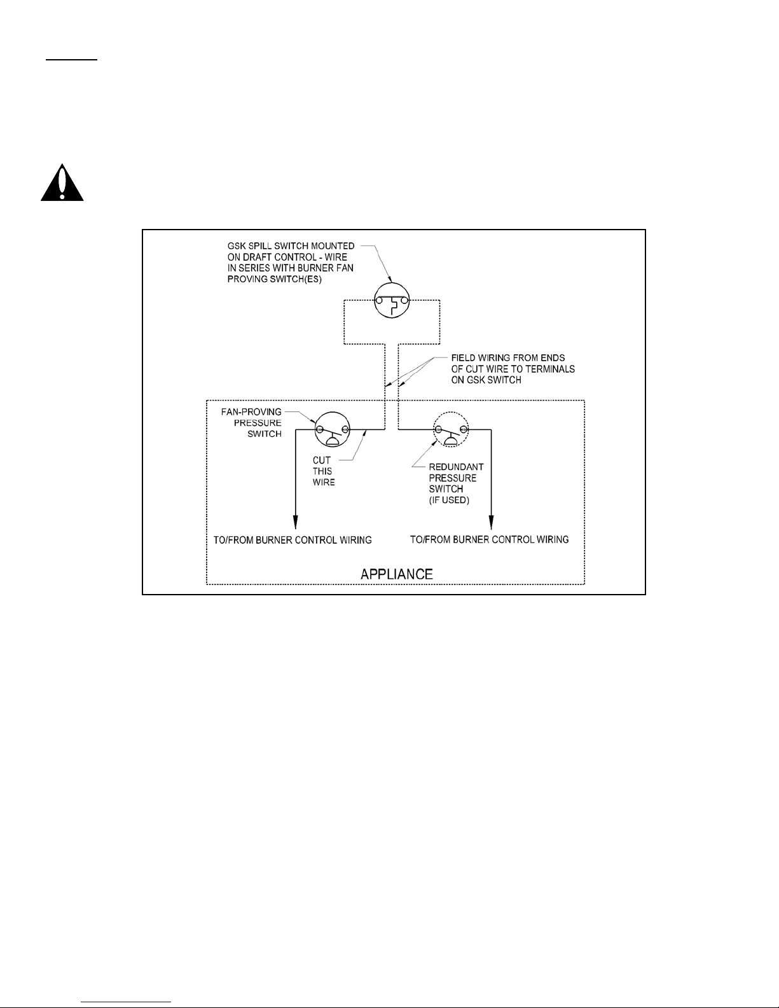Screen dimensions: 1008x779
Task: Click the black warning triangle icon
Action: (x=62, y=184)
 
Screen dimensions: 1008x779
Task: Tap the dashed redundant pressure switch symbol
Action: (x=451, y=430)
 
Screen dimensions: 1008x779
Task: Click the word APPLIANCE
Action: (x=396, y=574)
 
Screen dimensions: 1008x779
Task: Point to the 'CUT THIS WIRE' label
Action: (x=322, y=471)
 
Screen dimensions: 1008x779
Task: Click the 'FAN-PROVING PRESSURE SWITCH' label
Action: (x=256, y=422)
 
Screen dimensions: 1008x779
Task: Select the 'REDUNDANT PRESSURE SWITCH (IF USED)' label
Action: (x=456, y=483)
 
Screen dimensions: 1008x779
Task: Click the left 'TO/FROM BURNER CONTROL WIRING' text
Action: (x=293, y=540)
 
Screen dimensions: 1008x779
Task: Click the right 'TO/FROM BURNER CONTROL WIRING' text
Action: (x=490, y=539)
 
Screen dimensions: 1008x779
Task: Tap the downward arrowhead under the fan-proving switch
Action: (x=296, y=521)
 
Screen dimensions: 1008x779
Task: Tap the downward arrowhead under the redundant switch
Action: (x=492, y=521)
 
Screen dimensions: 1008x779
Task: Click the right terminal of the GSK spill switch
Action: (x=404, y=300)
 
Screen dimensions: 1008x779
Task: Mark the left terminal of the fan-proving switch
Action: (x=320, y=429)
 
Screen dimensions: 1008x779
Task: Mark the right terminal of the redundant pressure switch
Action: (x=464, y=429)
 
